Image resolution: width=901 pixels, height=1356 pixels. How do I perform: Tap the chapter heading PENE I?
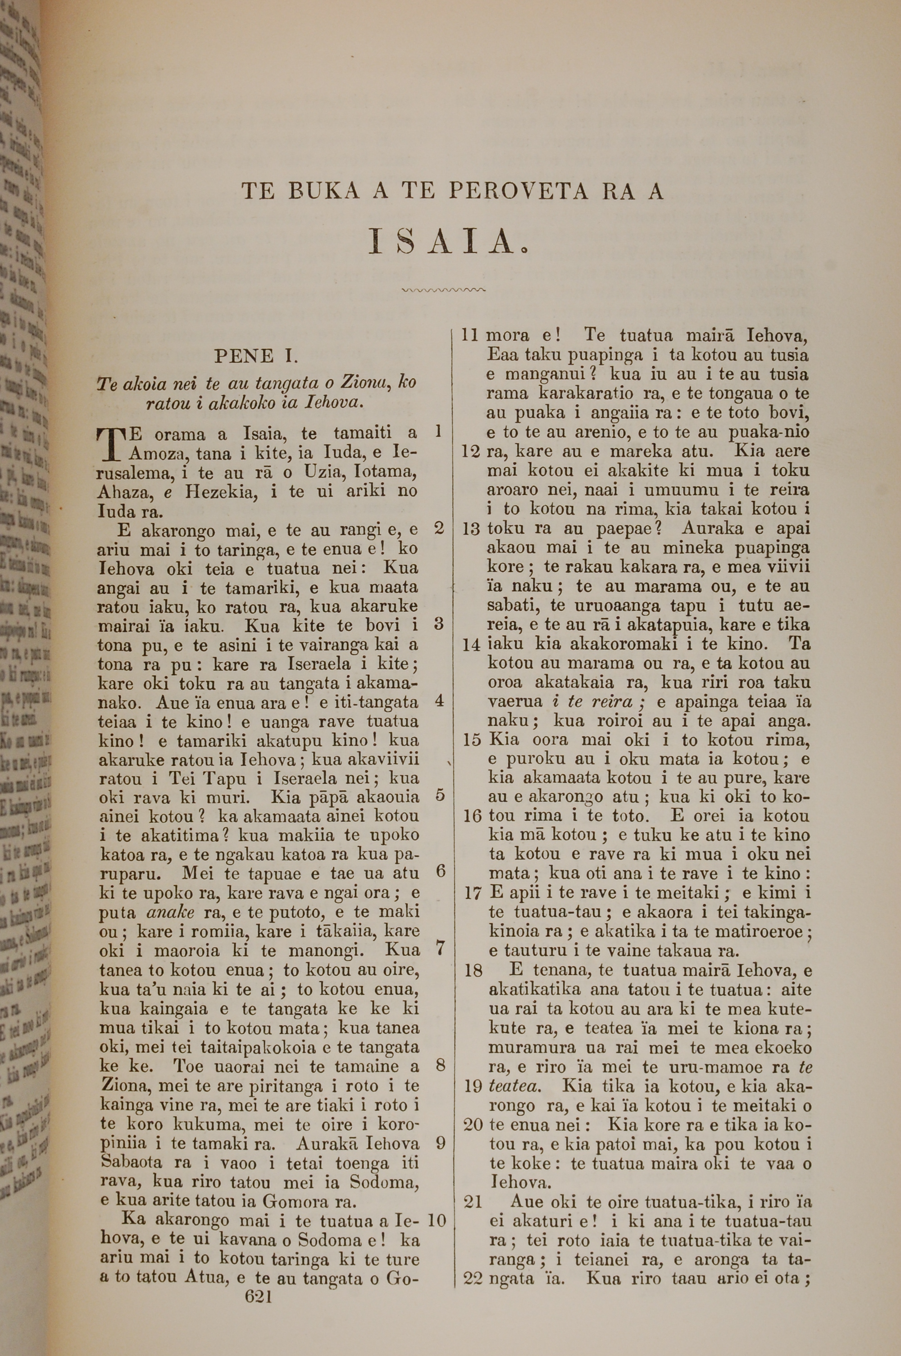(256, 357)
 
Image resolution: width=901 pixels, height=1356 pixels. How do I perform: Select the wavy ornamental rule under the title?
(444, 290)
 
